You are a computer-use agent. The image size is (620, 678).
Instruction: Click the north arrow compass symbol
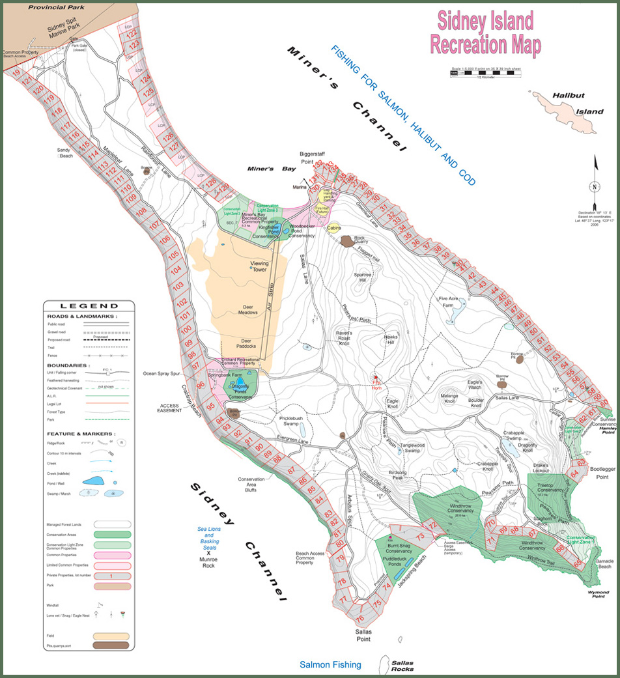click(x=594, y=186)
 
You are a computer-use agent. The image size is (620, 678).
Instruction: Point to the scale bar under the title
click(x=485, y=74)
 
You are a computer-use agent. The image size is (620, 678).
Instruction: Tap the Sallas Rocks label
click(x=402, y=666)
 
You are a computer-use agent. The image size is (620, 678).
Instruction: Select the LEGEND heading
click(x=89, y=305)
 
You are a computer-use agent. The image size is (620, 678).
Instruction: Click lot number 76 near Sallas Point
click(x=359, y=619)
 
